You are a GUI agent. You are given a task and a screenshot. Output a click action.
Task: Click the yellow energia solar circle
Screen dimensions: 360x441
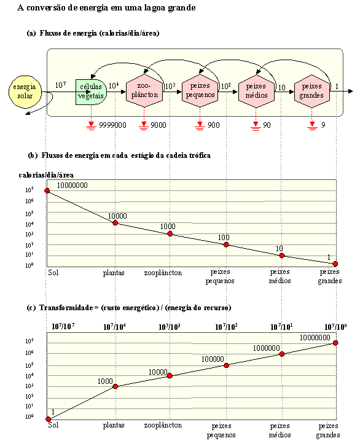tap(25, 92)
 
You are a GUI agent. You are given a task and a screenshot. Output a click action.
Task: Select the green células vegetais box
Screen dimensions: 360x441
tap(91, 92)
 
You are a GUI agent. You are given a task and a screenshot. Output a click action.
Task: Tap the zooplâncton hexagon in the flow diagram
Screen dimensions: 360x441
tap(144, 90)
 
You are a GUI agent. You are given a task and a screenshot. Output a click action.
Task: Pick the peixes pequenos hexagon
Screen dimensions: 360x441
tap(200, 90)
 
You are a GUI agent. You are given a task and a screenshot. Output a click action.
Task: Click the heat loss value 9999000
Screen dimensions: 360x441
tap(112, 125)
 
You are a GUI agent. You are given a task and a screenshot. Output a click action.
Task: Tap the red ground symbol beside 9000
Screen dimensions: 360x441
tap(144, 125)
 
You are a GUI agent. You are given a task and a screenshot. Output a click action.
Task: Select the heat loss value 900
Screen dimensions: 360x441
tap(213, 125)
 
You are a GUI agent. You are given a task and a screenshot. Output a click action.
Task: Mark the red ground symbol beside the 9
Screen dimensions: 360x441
tap(312, 125)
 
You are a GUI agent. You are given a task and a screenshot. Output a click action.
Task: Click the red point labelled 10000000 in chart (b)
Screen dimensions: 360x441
tap(47, 190)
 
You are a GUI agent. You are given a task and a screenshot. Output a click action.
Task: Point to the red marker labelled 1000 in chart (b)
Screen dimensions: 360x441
tap(170, 234)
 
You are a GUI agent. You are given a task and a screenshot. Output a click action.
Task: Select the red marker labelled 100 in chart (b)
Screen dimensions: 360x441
tap(226, 244)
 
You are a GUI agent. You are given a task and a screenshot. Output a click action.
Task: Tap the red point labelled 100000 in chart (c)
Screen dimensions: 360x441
tap(227, 365)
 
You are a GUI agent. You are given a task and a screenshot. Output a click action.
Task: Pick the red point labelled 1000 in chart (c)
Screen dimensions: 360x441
tap(115, 386)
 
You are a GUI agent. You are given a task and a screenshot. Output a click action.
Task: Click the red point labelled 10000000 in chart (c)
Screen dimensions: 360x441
tap(335, 343)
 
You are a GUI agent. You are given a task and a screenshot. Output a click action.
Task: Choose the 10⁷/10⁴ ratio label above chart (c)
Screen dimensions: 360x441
tap(114, 327)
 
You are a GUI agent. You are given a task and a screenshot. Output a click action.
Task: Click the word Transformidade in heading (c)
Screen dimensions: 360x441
tap(66, 308)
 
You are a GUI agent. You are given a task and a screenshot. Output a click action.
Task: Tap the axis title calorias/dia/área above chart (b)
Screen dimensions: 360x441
tap(46, 175)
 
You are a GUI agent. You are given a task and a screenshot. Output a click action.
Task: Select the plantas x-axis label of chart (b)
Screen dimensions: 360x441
tap(114, 273)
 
